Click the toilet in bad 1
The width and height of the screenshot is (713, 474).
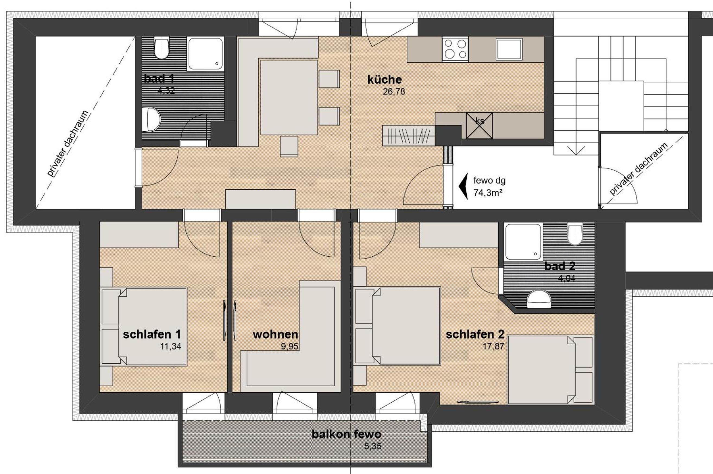pos(161,48)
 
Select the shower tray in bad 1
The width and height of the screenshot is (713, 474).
pos(206,54)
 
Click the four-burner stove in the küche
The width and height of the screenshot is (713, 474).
pos(455,49)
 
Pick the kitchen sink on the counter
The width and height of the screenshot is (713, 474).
pos(509,49)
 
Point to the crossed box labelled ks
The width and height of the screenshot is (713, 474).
pos(479,126)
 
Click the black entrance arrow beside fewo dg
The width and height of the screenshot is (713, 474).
pos(463,186)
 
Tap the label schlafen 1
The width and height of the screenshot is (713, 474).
pos(152,334)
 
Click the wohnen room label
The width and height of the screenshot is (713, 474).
pos(275,334)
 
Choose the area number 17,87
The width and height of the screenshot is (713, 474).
pos(493,346)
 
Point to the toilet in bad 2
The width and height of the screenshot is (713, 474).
pos(575,234)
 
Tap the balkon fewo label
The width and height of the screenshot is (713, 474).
pos(346,434)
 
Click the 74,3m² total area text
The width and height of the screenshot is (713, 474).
pos(488,193)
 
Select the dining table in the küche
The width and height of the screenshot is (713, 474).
pos(289,97)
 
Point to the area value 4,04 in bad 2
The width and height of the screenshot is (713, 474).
pos(566,278)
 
